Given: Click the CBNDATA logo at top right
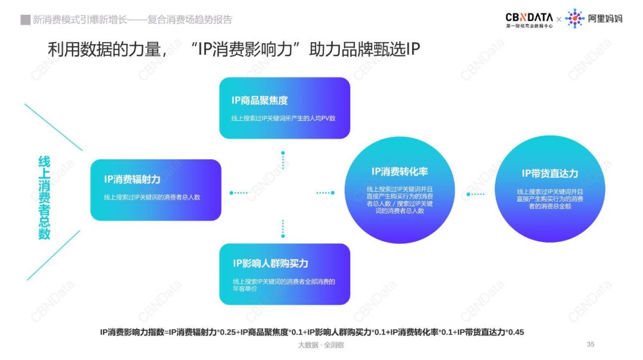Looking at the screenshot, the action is click(x=529, y=19).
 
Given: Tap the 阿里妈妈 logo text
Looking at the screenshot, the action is click(x=605, y=18).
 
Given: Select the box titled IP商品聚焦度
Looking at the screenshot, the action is click(x=285, y=108).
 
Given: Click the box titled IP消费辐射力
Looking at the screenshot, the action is click(x=156, y=190).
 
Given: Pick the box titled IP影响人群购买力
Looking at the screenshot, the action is click(x=285, y=274).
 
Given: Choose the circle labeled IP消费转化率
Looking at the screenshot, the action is click(x=399, y=190).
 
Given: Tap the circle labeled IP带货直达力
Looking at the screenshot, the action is click(x=550, y=189).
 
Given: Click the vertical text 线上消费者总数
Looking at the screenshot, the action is click(x=44, y=197).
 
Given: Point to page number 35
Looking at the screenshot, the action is click(x=591, y=345).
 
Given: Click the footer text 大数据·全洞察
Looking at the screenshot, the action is click(x=321, y=345).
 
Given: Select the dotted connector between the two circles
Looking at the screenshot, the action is click(x=475, y=195).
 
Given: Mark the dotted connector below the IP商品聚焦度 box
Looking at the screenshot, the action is click(x=283, y=160).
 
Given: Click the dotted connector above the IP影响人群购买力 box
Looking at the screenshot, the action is click(x=283, y=228).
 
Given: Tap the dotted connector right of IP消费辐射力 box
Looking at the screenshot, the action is click(x=239, y=193).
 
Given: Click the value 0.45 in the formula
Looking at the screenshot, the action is click(x=516, y=332).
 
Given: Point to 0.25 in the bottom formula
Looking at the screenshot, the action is click(x=228, y=332).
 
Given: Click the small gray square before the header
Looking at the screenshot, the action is click(x=26, y=20).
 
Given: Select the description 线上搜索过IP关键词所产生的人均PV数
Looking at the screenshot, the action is click(x=283, y=118).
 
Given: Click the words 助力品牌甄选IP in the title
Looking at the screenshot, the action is click(x=364, y=49).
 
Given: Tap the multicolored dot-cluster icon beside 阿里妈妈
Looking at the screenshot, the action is click(x=575, y=18).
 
